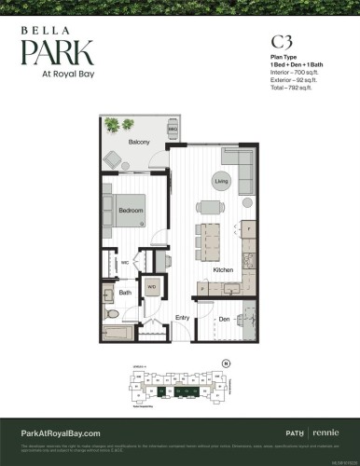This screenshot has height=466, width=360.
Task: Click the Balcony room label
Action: pos(139,143)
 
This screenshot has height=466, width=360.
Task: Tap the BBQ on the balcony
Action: pos(159,127)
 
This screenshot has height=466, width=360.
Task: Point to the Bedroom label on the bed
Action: pos(131,211)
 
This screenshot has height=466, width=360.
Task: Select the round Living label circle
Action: pos(221,180)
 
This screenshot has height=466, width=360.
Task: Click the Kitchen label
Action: pos(223,269)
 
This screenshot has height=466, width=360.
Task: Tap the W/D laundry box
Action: pos(151,288)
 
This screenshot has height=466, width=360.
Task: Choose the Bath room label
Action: pos(125,293)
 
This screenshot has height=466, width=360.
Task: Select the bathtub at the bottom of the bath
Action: pos(120,332)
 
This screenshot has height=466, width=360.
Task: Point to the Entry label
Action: pos(183,318)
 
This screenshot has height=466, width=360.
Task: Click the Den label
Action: pos(225,320)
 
